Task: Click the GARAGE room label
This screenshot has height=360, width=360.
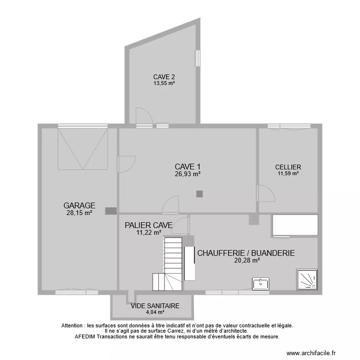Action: pyautogui.click(x=79, y=205)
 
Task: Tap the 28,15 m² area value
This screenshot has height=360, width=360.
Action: pyautogui.click(x=79, y=213)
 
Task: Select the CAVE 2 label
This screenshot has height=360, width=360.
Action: pyautogui.click(x=164, y=77)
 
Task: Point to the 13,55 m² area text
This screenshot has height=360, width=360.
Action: pyautogui.click(x=164, y=83)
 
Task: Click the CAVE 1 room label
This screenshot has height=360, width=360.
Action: pyautogui.click(x=187, y=167)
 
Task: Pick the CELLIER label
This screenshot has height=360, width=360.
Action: pyautogui.click(x=288, y=167)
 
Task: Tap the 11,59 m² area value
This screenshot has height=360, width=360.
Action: pyautogui.click(x=288, y=174)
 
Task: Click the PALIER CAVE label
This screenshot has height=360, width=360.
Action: pyautogui.click(x=148, y=225)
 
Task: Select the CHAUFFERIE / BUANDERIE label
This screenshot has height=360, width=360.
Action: pyautogui.click(x=246, y=253)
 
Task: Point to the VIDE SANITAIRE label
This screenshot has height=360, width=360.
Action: pyautogui.click(x=155, y=305)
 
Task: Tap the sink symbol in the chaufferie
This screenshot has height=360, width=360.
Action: pyautogui.click(x=261, y=283)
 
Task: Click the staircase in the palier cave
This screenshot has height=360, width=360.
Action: pyautogui.click(x=170, y=264)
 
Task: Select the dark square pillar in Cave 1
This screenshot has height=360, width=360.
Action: pyautogui.click(x=200, y=194)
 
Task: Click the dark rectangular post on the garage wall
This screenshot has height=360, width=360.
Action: pyautogui.click(x=111, y=210)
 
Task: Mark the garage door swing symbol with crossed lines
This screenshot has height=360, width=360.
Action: pyautogui.click(x=82, y=149)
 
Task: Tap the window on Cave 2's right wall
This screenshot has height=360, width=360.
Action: pyautogui.click(x=197, y=58)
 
